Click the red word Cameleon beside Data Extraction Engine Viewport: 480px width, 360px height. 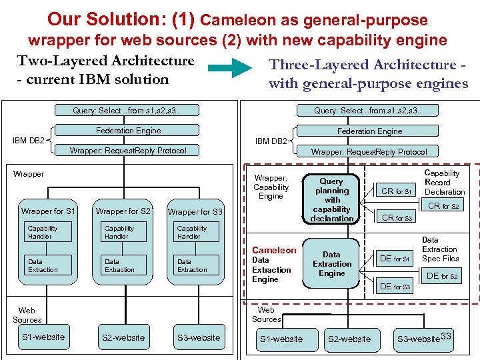[x=274, y=250]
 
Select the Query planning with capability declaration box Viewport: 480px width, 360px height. [x=331, y=199]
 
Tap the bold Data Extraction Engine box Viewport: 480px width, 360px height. [x=331, y=263]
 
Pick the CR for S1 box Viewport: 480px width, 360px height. [x=396, y=191]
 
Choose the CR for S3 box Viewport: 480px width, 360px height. [x=396, y=217]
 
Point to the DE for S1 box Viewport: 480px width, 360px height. [x=395, y=258]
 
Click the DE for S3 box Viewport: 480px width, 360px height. [x=395, y=287]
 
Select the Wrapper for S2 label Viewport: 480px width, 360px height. [x=123, y=211]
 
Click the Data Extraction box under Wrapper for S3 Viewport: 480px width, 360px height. [x=197, y=266]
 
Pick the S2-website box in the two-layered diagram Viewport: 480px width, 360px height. [x=123, y=337]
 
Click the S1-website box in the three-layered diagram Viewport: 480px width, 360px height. [x=281, y=339]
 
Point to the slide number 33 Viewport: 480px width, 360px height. [x=446, y=336]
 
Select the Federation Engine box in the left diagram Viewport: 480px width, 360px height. [x=128, y=131]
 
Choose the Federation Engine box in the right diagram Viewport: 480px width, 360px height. [x=369, y=131]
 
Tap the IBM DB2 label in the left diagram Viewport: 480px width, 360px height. [x=29, y=141]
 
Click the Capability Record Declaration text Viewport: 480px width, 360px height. [x=444, y=183]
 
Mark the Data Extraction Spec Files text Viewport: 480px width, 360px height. [x=440, y=249]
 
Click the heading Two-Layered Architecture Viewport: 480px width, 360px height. [x=105, y=61]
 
